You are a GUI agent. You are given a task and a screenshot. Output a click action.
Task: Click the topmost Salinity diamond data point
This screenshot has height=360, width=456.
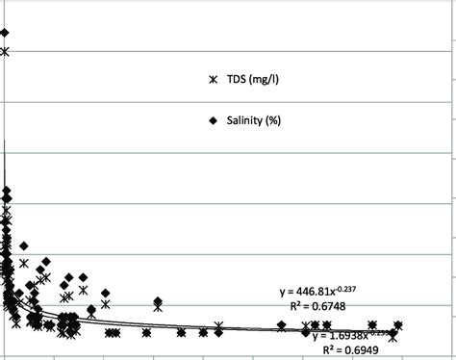pos(5,33)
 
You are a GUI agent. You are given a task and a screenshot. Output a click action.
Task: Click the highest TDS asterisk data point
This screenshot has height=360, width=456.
pos(5,51)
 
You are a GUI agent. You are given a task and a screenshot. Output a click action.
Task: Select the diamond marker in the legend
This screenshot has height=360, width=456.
pos(215,120)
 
